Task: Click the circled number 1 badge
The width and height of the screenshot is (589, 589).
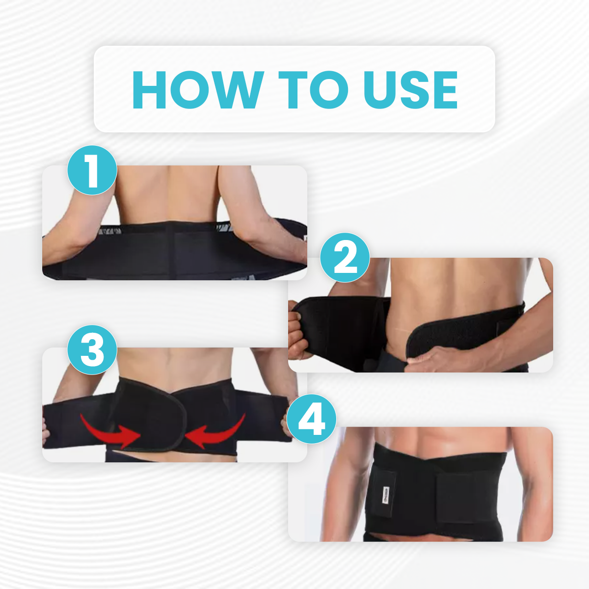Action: (x=92, y=170)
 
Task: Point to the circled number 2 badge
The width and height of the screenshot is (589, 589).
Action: (x=345, y=257)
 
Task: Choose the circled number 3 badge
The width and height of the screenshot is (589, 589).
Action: (x=92, y=349)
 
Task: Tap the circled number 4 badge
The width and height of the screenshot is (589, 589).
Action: (x=312, y=419)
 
